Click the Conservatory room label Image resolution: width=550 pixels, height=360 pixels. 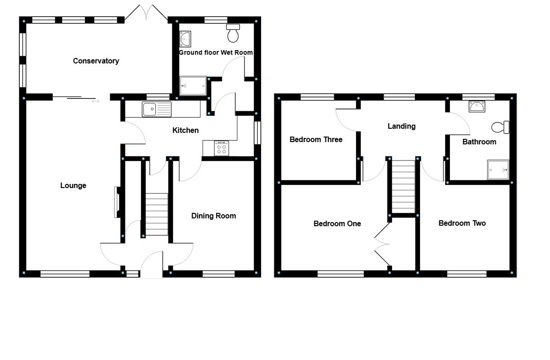96,61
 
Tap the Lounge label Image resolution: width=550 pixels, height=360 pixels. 74,186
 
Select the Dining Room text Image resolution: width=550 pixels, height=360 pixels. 214,216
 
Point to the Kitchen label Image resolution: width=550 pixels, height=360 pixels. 186,131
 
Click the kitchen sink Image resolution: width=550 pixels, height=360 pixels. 157,109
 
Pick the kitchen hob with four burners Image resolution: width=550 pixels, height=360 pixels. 221,148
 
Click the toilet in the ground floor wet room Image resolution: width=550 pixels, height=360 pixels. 233,33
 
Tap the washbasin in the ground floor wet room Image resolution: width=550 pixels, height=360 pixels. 186,39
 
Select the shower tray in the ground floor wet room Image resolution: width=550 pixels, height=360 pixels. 193,86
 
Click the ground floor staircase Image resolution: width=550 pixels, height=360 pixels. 157,214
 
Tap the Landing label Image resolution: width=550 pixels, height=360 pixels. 402,126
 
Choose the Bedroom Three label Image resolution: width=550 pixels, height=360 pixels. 316,139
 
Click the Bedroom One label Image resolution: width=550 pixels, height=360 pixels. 337,223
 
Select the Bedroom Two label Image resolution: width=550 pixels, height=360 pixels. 462,223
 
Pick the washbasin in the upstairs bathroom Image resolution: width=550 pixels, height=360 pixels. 477,107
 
